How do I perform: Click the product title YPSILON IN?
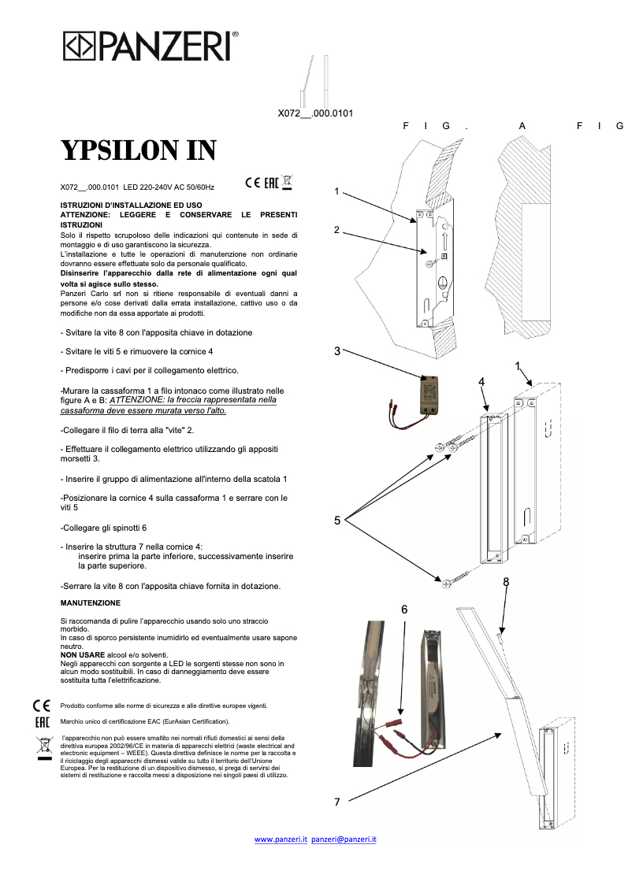(139, 150)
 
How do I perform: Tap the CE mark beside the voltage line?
(253, 183)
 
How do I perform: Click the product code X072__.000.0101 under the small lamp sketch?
(315, 113)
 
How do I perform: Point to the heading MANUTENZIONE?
(91, 603)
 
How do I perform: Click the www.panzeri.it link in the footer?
(280, 839)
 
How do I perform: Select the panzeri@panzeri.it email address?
(344, 839)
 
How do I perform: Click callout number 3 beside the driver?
(337, 351)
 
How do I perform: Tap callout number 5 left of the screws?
(337, 520)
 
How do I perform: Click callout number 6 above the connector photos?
(404, 610)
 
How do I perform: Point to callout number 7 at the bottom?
(336, 802)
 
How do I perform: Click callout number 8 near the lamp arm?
(506, 582)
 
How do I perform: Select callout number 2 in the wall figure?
(336, 230)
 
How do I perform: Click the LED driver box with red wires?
(429, 394)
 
